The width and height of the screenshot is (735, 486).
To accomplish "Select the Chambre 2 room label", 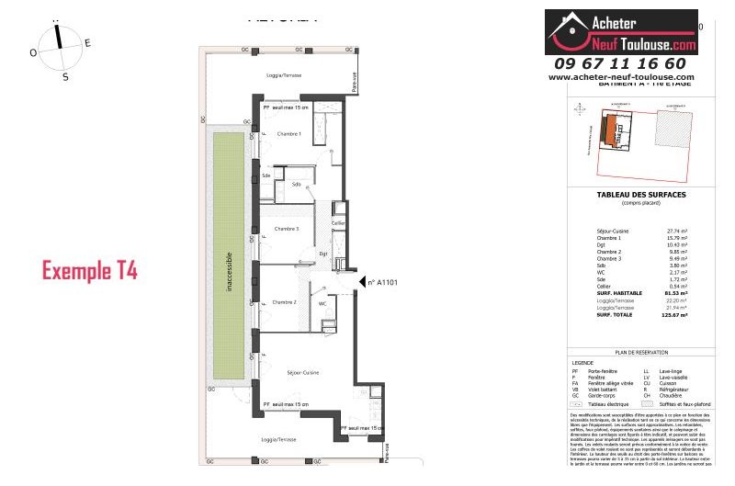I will click(x=283, y=302).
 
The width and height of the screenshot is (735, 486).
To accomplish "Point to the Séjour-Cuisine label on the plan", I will click(x=302, y=372).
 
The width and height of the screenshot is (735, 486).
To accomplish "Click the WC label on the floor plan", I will click(x=322, y=302).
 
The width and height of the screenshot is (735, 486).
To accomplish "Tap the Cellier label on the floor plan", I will click(x=338, y=223).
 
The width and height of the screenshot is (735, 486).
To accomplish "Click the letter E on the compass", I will click(x=88, y=42).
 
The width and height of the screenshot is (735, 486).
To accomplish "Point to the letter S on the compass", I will click(x=65, y=77).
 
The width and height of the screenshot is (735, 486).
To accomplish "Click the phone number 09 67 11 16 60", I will click(x=620, y=63).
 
